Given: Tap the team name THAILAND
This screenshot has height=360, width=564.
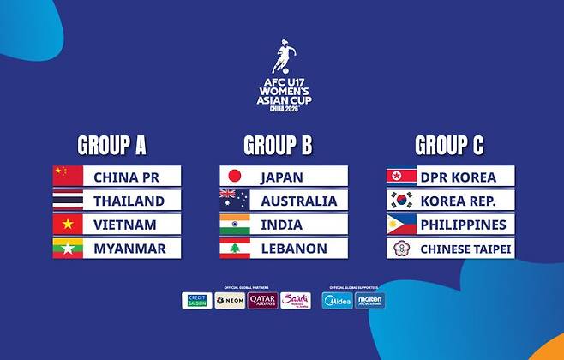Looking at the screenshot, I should pos(129,201).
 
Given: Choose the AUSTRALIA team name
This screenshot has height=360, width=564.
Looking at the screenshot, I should pos(298,201).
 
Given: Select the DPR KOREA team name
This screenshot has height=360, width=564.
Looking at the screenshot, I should pos(458,177).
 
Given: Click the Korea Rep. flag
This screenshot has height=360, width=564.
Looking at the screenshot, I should pos(401,201).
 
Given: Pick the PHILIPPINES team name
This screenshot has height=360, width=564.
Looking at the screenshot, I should pos(463,225).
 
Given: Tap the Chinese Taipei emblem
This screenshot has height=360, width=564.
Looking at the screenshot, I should pos(401,249).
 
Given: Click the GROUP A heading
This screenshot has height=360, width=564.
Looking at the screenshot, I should pos(111,145).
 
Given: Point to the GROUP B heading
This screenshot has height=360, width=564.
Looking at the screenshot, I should pos(278,145).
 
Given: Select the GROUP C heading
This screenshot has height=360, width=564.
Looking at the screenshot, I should pos(449,145).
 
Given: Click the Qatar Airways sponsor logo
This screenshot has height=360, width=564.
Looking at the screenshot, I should pos(262,300).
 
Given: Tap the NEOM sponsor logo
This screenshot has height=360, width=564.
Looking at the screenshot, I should pos(230,300).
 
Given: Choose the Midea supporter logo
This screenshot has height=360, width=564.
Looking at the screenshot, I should pos(337,300).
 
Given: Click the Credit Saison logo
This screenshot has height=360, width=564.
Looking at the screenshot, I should pos(197,300).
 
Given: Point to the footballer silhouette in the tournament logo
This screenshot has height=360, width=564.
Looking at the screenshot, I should pos(283,57).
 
